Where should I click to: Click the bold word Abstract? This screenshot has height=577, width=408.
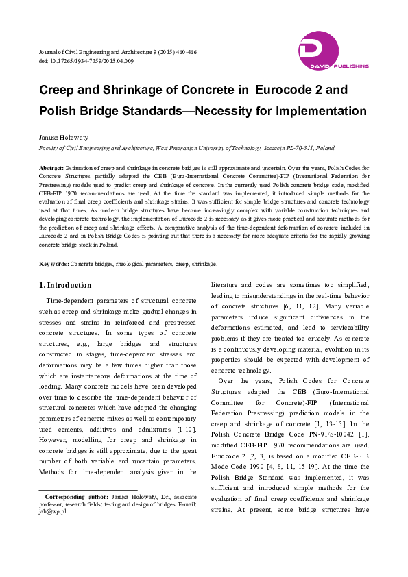51,167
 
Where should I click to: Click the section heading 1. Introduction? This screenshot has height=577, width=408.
65,285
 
